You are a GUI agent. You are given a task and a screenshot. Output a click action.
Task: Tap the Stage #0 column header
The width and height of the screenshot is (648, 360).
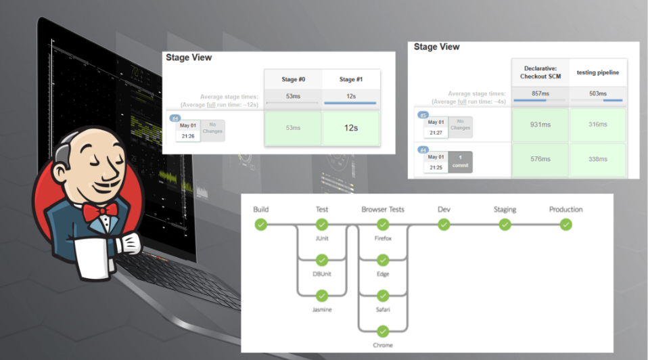coord(293,78)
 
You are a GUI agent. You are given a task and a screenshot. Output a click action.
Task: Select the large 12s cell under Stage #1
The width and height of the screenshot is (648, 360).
coord(351,128)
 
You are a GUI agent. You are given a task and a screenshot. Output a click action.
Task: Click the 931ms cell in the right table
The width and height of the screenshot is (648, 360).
coord(540,125)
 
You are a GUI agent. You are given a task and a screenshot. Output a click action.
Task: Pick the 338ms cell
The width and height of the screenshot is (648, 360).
coord(598,159)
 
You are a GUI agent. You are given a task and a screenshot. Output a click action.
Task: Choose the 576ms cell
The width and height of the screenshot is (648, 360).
coord(540,159)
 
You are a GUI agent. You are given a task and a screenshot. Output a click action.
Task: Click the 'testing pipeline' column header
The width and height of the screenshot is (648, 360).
coord(598,72)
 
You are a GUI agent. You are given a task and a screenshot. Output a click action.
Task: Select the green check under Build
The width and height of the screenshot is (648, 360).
coord(261,225)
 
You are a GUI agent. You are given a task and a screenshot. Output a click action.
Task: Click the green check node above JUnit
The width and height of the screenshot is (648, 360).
coord(322,225)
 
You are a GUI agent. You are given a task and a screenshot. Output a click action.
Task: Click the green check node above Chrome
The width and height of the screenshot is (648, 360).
coord(383,331)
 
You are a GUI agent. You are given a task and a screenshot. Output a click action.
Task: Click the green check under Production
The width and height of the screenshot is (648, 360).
coord(565,225)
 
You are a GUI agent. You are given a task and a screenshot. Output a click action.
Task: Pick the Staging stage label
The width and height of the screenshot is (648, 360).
coord(505,210)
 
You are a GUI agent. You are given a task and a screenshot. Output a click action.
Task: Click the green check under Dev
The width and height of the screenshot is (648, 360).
coord(444,225)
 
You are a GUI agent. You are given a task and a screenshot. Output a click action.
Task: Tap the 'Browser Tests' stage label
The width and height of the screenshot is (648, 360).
coord(383,210)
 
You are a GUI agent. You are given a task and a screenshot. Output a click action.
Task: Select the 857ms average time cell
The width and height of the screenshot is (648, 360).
coord(540,94)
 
